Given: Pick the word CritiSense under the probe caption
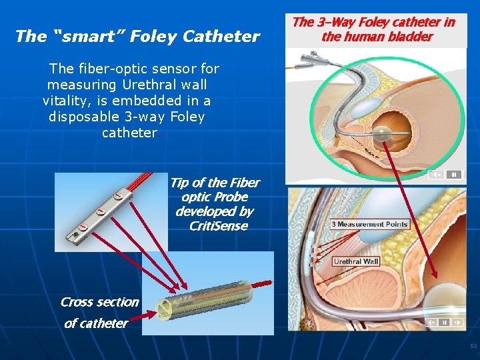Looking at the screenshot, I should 218,226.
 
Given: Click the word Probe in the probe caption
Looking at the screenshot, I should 231,197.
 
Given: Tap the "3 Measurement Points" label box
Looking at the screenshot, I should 369,224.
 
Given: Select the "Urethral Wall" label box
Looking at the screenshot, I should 356,261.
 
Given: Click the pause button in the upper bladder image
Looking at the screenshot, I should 453,175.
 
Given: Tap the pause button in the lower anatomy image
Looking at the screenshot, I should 458,322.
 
